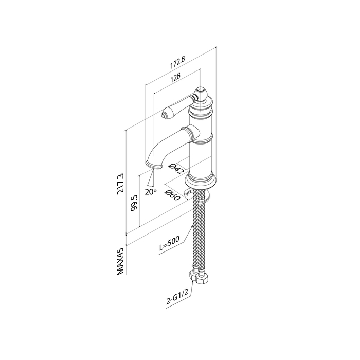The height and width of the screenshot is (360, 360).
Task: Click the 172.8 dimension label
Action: pyautogui.click(x=178, y=63)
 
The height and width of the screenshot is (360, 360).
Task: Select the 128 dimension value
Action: pyautogui.click(x=176, y=77)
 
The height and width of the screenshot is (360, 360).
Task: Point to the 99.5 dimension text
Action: pyautogui.click(x=134, y=202)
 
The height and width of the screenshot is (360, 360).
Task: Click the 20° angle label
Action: pyautogui.click(x=150, y=192)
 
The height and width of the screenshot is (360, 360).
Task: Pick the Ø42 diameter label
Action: pyautogui.click(x=176, y=169)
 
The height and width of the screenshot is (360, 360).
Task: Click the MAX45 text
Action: pyautogui.click(x=120, y=261)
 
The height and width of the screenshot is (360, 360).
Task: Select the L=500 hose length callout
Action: pyautogui.click(x=169, y=244)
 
